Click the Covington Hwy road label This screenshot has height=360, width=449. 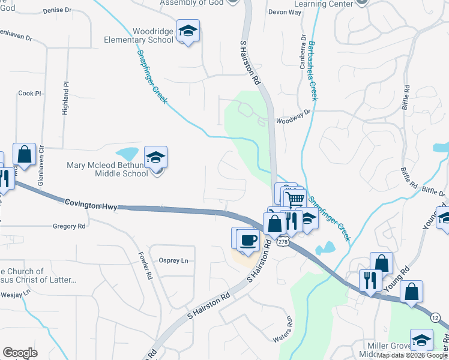89,205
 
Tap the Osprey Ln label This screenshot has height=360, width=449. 173,260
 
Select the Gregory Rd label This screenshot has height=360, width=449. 70,226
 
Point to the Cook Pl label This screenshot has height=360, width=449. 29,94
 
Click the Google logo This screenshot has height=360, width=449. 20,353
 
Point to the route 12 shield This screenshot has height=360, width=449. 435,317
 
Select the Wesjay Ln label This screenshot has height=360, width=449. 15,294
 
